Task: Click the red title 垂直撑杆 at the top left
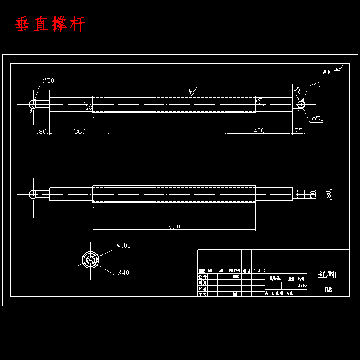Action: [50, 24]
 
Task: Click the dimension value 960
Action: [174, 227]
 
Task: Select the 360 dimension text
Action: [80, 131]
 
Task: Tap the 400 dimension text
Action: [259, 131]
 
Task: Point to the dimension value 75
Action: [298, 131]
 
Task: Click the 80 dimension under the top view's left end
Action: [42, 131]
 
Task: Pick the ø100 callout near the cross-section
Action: [124, 245]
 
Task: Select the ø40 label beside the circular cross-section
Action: [123, 273]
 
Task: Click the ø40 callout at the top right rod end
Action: [315, 84]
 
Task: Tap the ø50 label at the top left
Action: [48, 81]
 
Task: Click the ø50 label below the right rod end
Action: [318, 119]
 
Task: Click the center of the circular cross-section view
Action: [90, 260]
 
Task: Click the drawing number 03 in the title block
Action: [328, 290]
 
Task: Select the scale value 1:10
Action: [302, 285]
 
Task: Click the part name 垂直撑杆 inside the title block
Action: [327, 275]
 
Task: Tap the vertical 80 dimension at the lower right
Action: [328, 194]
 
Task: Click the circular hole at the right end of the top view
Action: [301, 104]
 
